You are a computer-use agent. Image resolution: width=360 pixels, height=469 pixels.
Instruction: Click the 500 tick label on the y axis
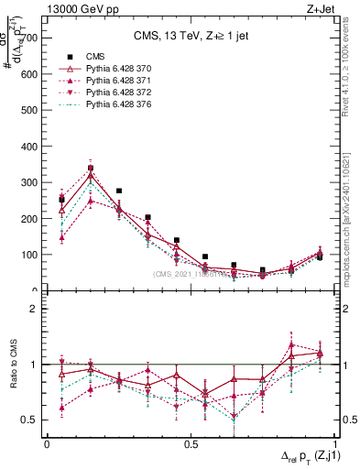[x=29, y=110]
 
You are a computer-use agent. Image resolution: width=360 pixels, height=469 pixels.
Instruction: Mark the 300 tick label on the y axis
[x=29, y=182]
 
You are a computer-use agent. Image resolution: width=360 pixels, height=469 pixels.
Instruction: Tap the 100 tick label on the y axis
[x=29, y=255]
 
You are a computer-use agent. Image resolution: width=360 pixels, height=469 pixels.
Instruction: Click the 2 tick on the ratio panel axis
[x=36, y=309]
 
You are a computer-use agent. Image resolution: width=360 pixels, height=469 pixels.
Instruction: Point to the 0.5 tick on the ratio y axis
[x=31, y=420]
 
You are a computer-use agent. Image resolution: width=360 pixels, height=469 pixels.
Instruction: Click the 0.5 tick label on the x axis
[x=191, y=444]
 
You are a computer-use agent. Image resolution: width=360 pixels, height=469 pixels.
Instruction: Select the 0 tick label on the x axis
[x=47, y=444]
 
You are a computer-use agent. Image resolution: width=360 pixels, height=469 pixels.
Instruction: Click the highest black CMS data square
[x=90, y=168]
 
